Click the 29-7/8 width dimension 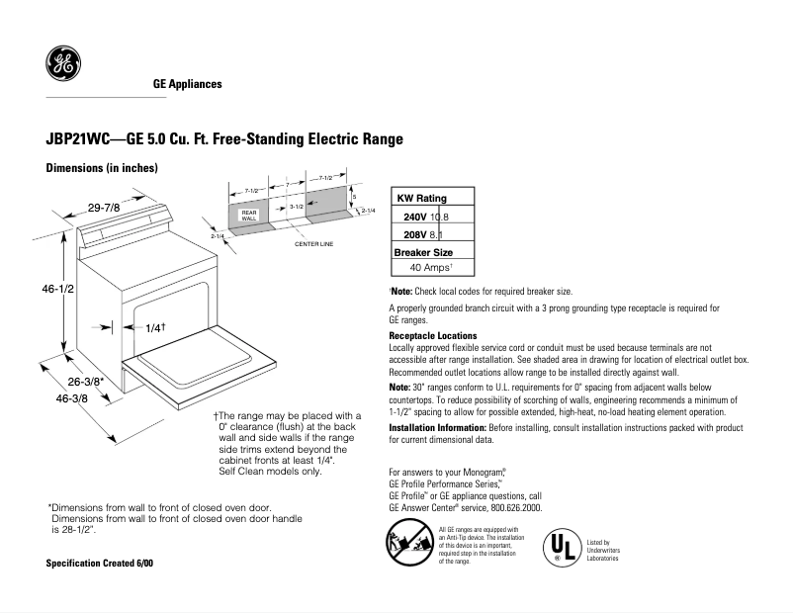[104, 208]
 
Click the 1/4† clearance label [154, 327]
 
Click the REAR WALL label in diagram [249, 216]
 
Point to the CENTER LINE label [314, 243]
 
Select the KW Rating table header [421, 199]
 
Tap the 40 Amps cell [431, 267]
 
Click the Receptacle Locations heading [432, 336]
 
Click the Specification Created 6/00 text [100, 563]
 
